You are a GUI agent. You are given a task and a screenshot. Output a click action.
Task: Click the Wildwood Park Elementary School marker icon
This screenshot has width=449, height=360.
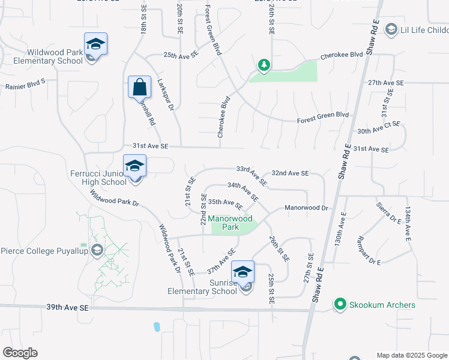coord(95,44)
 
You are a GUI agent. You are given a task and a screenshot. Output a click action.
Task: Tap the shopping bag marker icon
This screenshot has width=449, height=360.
coord(139,88)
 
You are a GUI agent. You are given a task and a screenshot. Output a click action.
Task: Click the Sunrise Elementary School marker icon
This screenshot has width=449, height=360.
coord(243,273)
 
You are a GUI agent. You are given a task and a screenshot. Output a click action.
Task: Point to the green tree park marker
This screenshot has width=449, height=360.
coord(263,65)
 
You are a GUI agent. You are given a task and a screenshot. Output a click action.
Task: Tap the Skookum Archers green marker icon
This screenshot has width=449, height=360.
coord(340,305)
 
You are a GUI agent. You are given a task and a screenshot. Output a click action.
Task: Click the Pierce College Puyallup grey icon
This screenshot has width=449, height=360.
coord(97,250)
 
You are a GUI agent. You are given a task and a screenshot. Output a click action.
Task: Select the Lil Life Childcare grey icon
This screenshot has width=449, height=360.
coord(391,29)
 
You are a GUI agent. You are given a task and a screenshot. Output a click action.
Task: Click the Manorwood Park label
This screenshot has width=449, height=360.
coord(231,223)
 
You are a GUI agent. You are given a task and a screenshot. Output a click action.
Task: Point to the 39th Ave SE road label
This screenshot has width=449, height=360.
coord(67,307)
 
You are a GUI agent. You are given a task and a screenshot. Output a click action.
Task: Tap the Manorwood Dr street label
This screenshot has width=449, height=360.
coord(306,208)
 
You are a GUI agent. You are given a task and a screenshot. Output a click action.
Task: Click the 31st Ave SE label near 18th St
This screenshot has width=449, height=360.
coord(151,146)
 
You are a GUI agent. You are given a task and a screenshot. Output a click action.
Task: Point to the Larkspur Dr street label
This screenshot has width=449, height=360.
coord(165,95)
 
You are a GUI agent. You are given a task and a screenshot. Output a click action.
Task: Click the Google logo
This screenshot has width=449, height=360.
coord(20,353)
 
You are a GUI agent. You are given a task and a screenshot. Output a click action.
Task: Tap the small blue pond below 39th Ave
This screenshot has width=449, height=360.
coord(157,327)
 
